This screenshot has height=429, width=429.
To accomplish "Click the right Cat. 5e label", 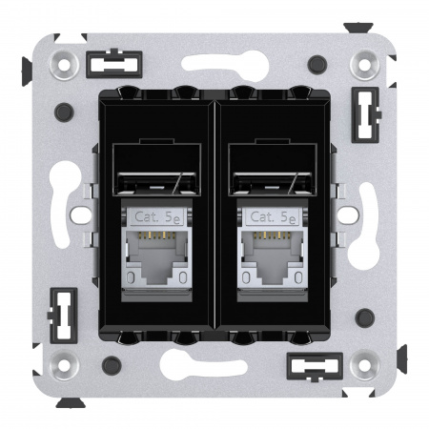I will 274,217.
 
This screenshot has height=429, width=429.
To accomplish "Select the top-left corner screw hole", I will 66,65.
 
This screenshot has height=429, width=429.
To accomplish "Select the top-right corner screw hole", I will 363,65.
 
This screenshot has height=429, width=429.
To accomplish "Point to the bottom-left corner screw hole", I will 66,363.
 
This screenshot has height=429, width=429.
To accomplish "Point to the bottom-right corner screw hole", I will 363,363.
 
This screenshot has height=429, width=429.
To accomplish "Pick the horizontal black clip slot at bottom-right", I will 314,364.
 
